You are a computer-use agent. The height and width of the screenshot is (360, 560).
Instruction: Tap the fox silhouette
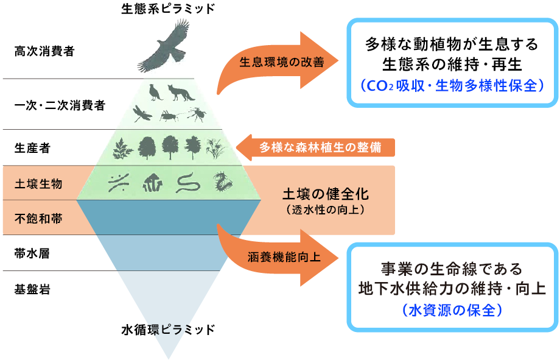click(181, 92)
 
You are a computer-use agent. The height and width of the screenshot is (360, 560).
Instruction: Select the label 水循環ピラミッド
click(169, 330)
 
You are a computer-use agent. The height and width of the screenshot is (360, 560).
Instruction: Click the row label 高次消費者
click(44, 51)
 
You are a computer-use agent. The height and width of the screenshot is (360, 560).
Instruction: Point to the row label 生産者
click(32, 147)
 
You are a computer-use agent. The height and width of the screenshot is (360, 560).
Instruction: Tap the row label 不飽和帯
click(38, 217)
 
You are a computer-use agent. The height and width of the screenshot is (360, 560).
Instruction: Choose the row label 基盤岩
click(32, 288)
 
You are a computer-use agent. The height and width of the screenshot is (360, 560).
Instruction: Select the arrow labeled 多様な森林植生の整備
click(317, 147)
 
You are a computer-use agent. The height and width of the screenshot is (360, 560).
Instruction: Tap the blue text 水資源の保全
click(452, 310)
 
